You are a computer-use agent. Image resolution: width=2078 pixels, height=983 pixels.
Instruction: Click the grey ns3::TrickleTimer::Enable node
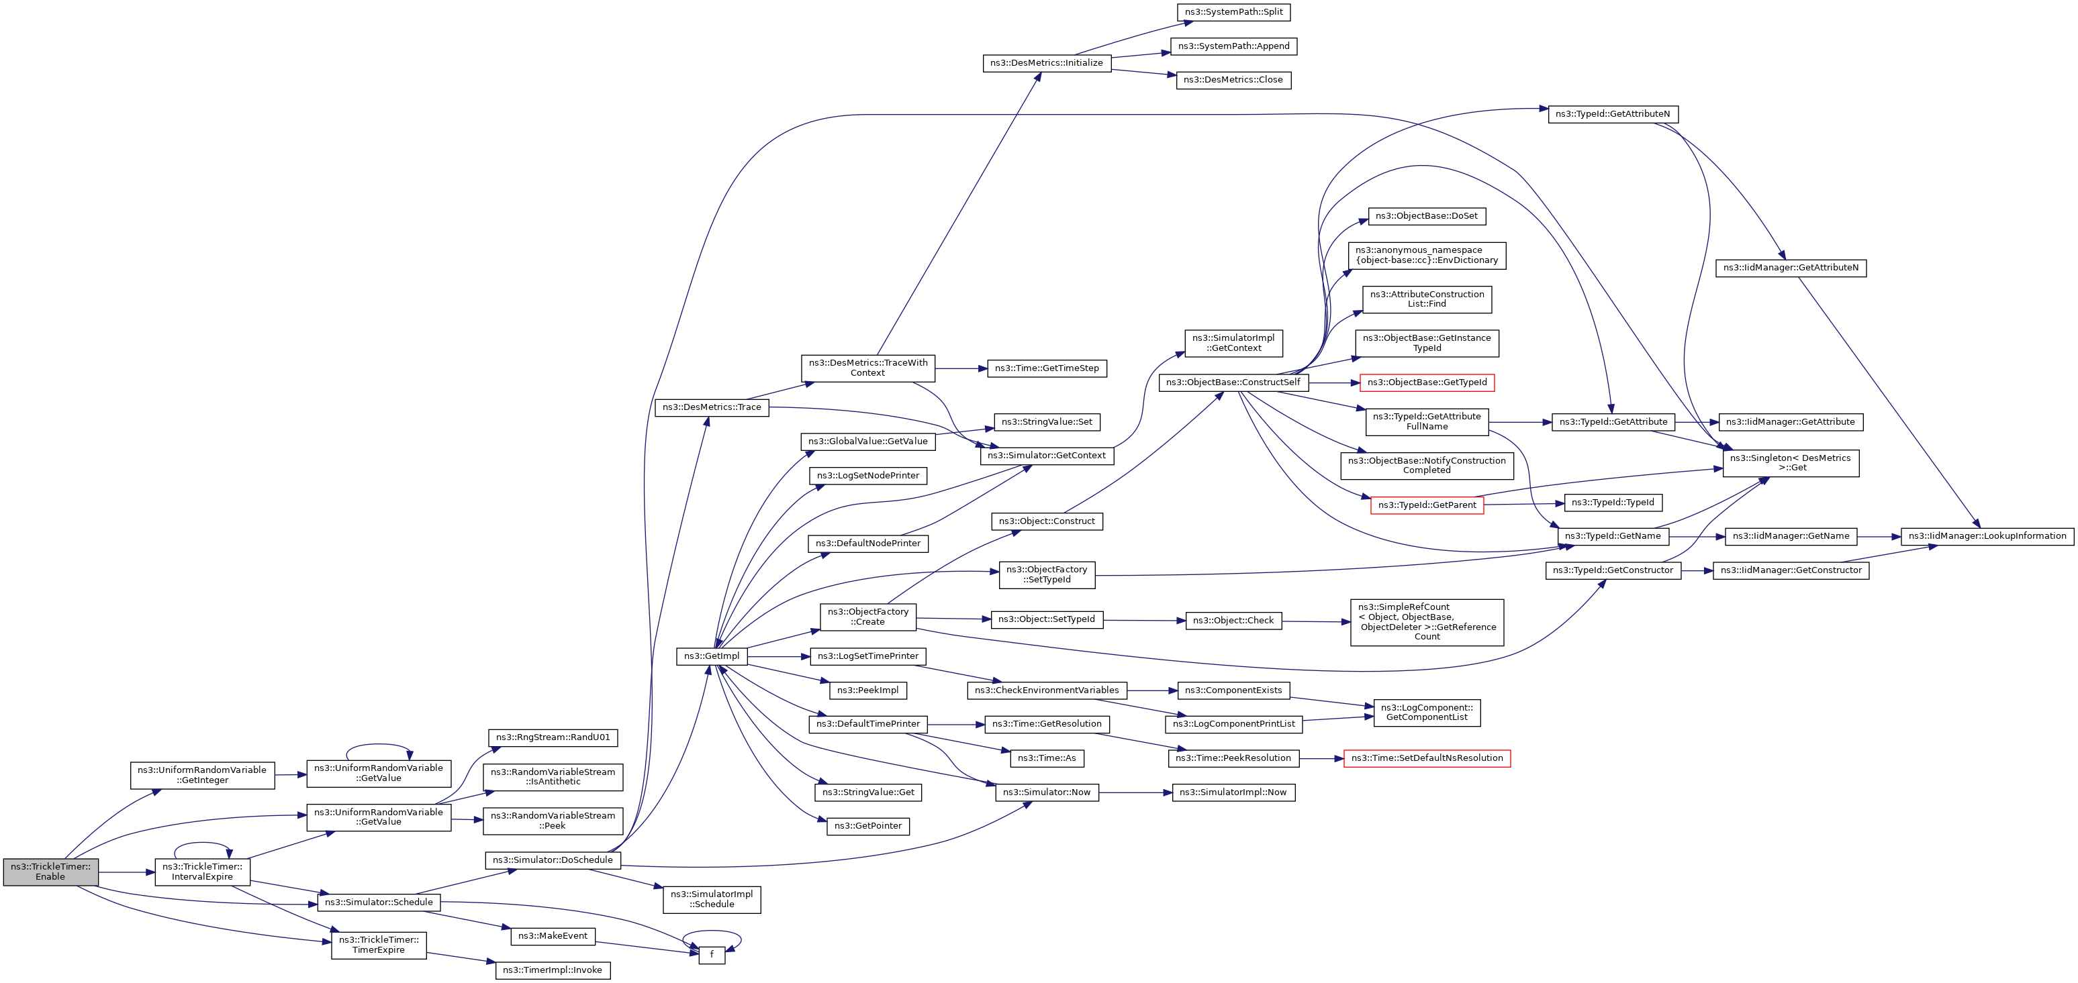(x=50, y=872)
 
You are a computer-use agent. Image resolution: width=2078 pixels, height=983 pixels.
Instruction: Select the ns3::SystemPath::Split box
(x=1233, y=12)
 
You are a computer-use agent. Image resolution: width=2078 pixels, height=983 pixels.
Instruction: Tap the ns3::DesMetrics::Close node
(x=1233, y=80)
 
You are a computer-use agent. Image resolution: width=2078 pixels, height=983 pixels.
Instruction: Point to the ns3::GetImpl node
(x=712, y=656)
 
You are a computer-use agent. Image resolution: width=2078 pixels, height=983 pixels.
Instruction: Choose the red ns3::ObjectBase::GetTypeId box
(x=1426, y=382)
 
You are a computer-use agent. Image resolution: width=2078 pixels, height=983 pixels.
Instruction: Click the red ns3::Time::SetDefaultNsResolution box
(x=1426, y=758)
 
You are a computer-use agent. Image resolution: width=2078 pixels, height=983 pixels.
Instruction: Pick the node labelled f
(x=712, y=955)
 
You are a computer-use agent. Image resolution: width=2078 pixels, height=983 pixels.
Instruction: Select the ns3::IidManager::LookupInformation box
(x=1987, y=536)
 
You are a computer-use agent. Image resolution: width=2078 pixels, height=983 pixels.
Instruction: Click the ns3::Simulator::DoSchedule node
(x=553, y=860)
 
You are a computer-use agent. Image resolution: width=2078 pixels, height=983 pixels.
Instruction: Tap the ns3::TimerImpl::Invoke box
(x=553, y=970)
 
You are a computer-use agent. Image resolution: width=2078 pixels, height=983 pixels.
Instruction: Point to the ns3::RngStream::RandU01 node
(x=553, y=738)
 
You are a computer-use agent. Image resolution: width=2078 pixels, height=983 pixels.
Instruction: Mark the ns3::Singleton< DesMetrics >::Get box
(x=1790, y=463)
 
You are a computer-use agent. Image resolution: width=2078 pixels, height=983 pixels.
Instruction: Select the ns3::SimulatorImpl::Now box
(x=1233, y=792)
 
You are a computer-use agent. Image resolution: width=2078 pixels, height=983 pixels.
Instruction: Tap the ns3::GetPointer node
(x=868, y=826)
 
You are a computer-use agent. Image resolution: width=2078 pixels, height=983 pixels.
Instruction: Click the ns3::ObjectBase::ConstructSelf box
(x=1233, y=382)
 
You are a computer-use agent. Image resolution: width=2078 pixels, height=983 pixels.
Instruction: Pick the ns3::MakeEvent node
(x=553, y=936)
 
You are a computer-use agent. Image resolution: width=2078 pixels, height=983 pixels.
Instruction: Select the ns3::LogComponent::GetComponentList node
(x=1426, y=712)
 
